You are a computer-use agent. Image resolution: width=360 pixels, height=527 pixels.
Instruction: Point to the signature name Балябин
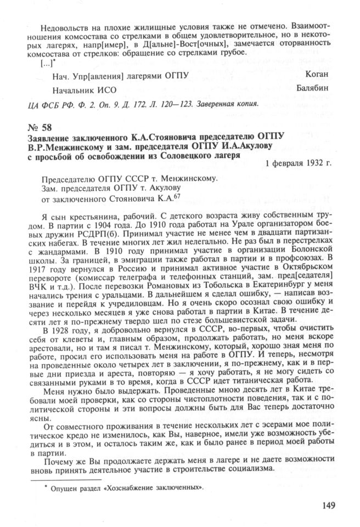(316, 87)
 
